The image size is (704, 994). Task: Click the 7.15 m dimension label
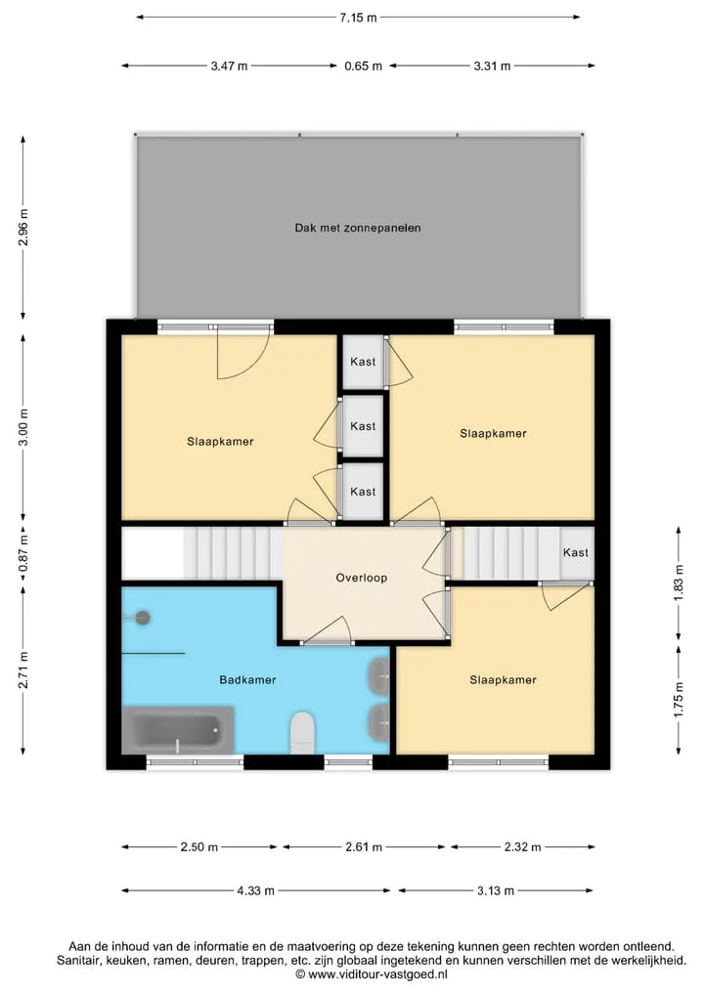(358, 18)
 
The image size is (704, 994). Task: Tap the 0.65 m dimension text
(364, 65)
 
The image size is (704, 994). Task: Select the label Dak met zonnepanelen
(358, 228)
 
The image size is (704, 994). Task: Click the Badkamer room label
(248, 680)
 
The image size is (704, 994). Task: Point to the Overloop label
(362, 579)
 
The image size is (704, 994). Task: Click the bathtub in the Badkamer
(178, 730)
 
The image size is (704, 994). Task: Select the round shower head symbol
(144, 618)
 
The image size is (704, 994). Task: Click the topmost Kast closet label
(363, 362)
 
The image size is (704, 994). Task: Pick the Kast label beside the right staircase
(576, 553)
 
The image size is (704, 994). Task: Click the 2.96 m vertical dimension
(23, 227)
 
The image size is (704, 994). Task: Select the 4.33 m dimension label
(255, 890)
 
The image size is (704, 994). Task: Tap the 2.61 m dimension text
(364, 847)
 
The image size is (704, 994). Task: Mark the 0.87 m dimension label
(23, 553)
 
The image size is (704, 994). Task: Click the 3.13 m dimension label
(496, 890)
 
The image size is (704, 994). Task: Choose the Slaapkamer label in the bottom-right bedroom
(503, 680)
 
